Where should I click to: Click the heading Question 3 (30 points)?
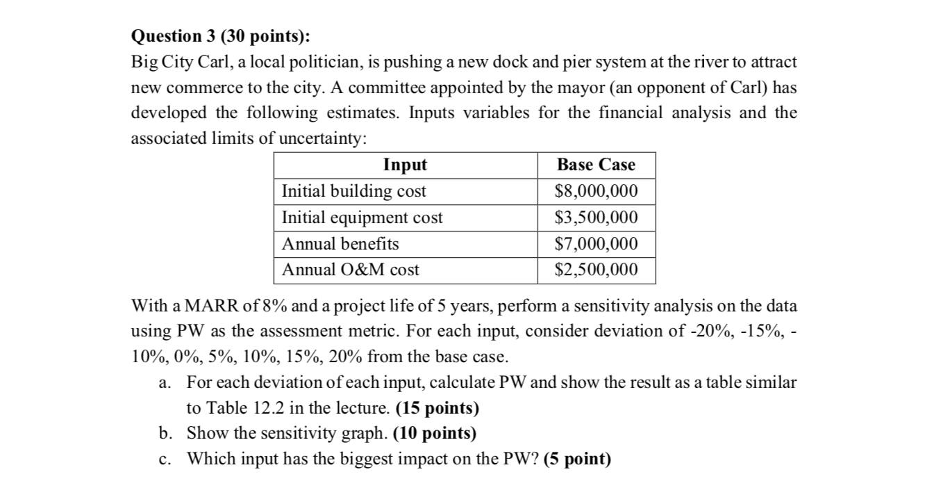coord(222,36)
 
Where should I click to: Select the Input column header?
coord(405,165)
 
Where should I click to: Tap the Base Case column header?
coord(596,165)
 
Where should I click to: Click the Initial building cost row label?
coord(354,191)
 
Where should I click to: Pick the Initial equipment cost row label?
coord(362,218)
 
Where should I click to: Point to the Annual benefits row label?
coord(340,244)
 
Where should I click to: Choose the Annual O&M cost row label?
coord(351,270)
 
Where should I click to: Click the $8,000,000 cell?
coord(596,191)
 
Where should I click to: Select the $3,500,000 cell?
coord(596,218)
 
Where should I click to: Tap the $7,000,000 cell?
coord(596,244)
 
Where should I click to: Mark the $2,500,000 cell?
coord(596,270)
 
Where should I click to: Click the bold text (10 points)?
coord(435,434)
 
